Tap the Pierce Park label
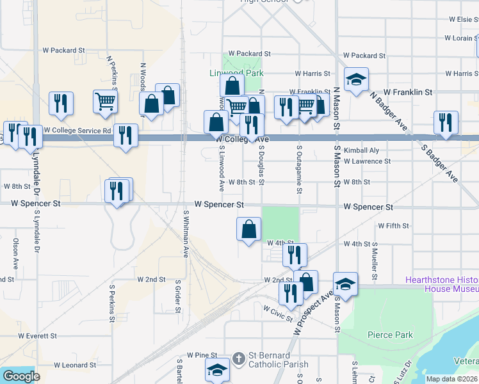coord(390,335)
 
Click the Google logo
coord(21,376)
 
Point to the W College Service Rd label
coord(77,130)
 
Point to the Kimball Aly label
coord(361,150)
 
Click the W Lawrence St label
coord(367,161)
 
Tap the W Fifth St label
coord(393,226)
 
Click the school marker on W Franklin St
coord(356,80)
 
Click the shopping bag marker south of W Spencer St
coord(248,229)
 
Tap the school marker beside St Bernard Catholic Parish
coord(217,370)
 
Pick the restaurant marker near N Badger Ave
coord(446,122)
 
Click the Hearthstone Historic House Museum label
coord(442,284)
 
